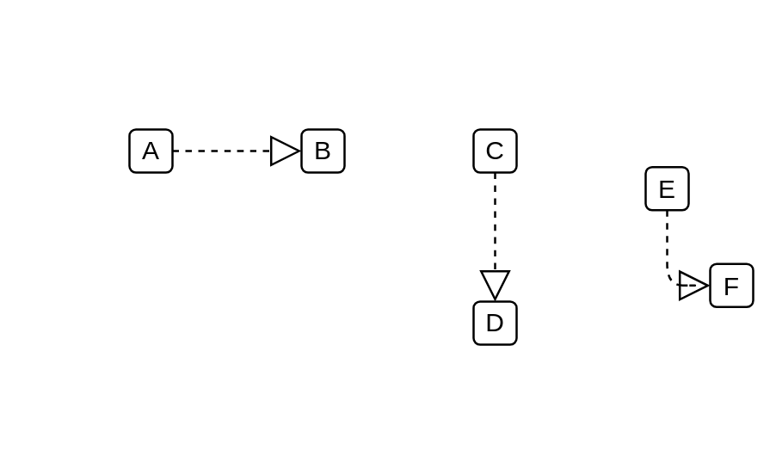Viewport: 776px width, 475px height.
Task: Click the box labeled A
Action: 151,151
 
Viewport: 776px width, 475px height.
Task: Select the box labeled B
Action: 323,151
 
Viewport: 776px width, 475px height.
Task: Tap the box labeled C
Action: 495,151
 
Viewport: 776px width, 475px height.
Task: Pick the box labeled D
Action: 495,323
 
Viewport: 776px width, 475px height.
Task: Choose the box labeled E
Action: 667,188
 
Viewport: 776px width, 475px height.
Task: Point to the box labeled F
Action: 731,286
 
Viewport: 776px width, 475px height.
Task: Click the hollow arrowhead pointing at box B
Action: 285,151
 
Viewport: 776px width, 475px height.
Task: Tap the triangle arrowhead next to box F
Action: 693,286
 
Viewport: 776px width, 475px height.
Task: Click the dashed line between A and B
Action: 222,151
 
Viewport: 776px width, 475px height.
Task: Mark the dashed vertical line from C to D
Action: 495,222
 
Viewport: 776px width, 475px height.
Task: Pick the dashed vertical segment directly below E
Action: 667,240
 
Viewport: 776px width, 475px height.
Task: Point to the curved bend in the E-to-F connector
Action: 669,278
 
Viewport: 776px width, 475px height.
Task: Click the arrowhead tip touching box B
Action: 300,151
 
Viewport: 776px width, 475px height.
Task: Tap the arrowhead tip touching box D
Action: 495,299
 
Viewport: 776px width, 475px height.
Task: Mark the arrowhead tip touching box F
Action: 709,286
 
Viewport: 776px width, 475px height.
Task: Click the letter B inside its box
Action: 323,151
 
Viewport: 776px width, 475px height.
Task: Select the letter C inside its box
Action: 495,151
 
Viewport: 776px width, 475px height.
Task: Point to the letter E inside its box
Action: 667,189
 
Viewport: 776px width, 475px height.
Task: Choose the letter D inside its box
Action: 495,323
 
